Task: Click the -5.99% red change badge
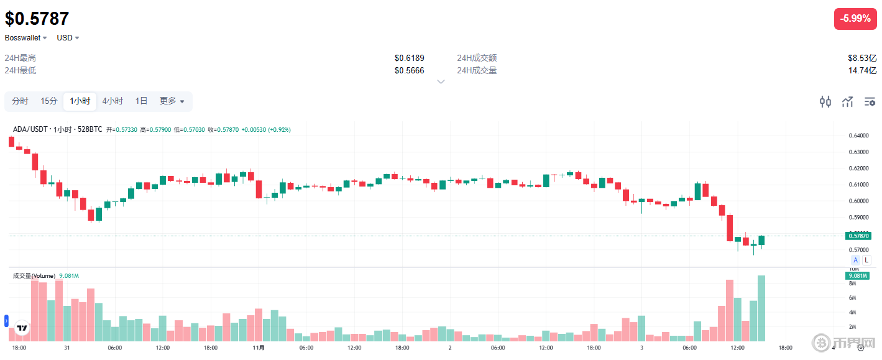[x=855, y=19]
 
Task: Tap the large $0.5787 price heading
[x=37, y=19]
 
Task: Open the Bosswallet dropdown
[x=26, y=38]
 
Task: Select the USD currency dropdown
[x=68, y=38]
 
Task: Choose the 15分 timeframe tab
[x=49, y=101]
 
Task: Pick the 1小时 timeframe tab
[x=80, y=101]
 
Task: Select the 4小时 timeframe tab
[x=113, y=101]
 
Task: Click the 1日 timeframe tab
[x=142, y=101]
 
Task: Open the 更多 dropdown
[x=172, y=101]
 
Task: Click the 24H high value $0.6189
[x=409, y=58]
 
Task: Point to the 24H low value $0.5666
[x=409, y=70]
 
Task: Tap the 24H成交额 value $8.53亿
[x=862, y=58]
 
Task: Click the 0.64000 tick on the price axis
[x=858, y=136]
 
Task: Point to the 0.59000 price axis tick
[x=858, y=218]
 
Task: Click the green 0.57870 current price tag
[x=858, y=236]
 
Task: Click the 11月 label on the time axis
[x=259, y=348]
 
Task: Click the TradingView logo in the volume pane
[x=22, y=328]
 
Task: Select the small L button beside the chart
[x=866, y=260]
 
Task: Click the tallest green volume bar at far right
[x=761, y=308]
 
